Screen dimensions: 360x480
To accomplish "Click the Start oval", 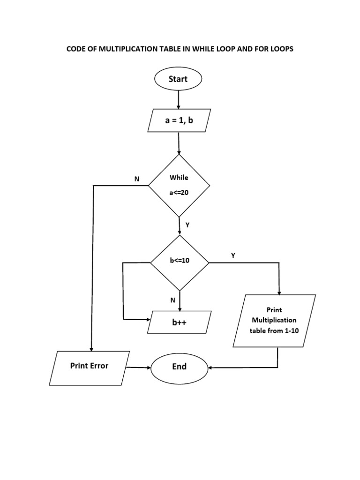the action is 178,79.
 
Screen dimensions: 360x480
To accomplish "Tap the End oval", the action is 180,367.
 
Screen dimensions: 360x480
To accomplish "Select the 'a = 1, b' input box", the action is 179,120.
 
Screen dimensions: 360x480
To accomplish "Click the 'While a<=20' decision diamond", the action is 179,186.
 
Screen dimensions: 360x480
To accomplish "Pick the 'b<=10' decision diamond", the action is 180,262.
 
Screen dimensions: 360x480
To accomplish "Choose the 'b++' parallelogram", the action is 179,322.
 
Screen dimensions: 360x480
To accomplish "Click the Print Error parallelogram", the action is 90,368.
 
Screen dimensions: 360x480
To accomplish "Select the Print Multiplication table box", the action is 274,321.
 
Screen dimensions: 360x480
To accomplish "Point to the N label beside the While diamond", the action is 137,179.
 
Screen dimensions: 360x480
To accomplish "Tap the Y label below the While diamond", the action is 187,225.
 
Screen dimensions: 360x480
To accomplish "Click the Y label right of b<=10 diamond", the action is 233,255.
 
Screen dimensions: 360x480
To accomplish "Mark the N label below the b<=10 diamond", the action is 172,300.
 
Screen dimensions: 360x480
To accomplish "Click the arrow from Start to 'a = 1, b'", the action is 178,99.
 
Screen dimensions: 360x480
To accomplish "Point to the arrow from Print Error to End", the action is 139,367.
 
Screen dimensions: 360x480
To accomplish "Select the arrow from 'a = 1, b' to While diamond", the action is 179,143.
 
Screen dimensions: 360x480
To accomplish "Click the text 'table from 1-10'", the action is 274,331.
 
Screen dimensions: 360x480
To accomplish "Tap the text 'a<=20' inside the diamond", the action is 179,193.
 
